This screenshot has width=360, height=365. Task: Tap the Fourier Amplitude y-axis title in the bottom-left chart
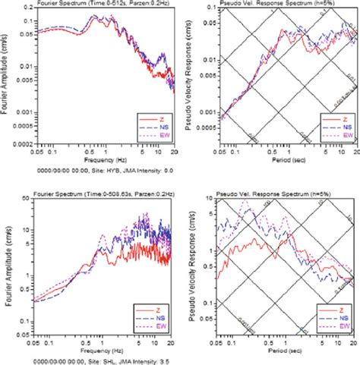coord(7,267)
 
